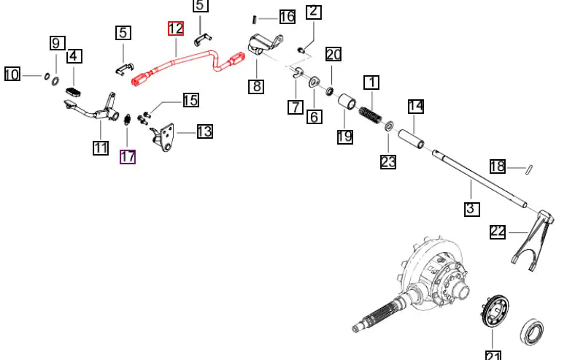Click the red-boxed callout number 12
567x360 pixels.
tap(176, 28)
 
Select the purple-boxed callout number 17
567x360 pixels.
tap(128, 157)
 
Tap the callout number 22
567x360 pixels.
tap(498, 231)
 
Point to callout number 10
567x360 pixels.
tap(12, 74)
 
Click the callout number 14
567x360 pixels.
tap(416, 107)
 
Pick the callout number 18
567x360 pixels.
tap(498, 166)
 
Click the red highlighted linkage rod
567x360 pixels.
tap(188, 67)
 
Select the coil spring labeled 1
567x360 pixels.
tap(370, 114)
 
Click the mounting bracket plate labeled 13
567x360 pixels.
tap(164, 137)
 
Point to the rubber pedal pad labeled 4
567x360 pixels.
tap(74, 91)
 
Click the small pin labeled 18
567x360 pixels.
tap(529, 169)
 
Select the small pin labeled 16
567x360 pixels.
tap(255, 19)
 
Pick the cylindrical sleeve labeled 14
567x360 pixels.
tap(411, 139)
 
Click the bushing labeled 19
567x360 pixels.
tap(347, 102)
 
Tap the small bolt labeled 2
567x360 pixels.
tap(300, 50)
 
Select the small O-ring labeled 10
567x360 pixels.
tap(47, 77)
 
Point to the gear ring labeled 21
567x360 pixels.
tap(495, 311)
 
